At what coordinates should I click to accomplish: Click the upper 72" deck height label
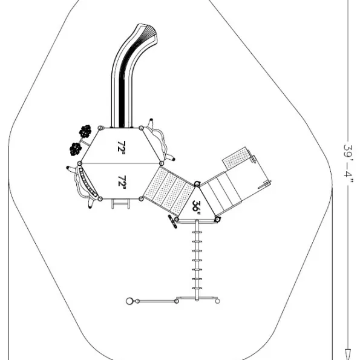click(121, 146)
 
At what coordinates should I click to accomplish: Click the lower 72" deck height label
click(122, 181)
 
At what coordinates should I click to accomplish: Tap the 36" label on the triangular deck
click(196, 208)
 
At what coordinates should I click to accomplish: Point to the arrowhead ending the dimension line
click(349, 355)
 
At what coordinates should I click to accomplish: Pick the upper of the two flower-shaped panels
click(85, 131)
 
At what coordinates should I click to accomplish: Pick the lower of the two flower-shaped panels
click(76, 149)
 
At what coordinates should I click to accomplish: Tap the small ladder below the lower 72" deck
click(120, 204)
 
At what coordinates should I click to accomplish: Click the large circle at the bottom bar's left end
click(129, 301)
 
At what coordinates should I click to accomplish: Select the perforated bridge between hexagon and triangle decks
click(169, 191)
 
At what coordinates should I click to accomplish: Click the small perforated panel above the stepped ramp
click(236, 158)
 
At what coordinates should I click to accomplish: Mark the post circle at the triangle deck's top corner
click(197, 184)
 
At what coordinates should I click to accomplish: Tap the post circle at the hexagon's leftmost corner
click(80, 163)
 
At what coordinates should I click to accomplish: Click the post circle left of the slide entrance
click(100, 128)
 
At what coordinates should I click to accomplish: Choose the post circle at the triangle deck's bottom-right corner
click(217, 220)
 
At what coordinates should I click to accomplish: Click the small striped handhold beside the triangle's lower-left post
click(172, 221)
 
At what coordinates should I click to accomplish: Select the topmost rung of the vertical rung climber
click(197, 232)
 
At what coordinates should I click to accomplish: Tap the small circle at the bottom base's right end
click(217, 301)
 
